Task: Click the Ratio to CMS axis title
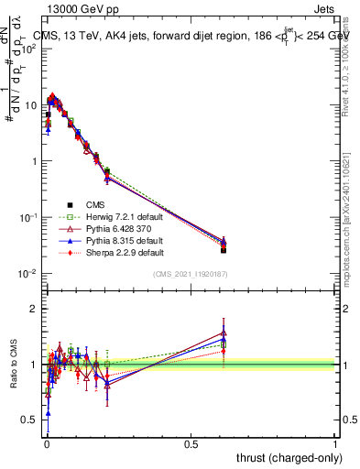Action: point(15,365)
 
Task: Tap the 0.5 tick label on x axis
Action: point(191,443)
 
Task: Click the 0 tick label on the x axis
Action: point(46,443)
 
